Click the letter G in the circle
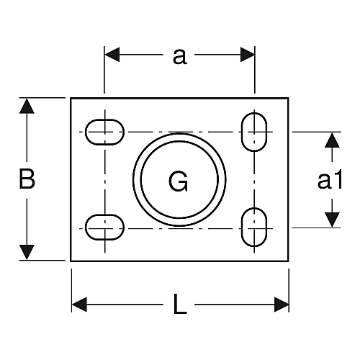(x=179, y=181)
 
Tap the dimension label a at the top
(x=180, y=58)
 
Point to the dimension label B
(x=27, y=179)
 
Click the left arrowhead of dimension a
(x=112, y=55)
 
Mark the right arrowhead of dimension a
(x=248, y=55)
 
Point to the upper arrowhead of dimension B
(x=27, y=106)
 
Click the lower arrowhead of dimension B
(x=27, y=253)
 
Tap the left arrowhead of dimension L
(x=79, y=305)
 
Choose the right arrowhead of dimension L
(x=282, y=305)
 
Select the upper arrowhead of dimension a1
(x=332, y=140)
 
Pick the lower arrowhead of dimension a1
(x=332, y=220)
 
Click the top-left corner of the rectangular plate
(x=71, y=98)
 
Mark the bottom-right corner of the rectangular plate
(x=288, y=261)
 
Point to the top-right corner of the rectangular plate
(x=288, y=98)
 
